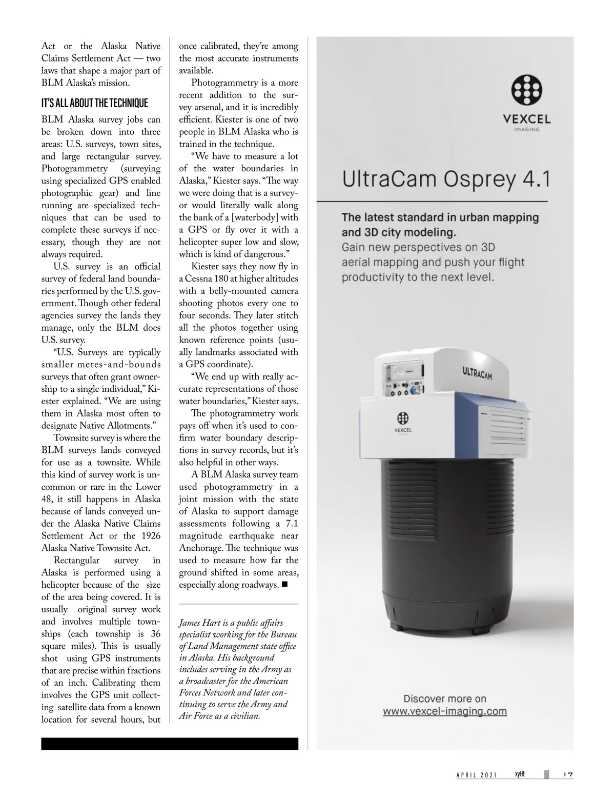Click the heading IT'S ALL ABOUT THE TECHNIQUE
coord(94,103)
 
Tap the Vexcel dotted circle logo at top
coord(527,91)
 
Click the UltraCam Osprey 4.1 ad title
coord(445,180)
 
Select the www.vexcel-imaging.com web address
coord(445,711)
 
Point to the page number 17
coord(567,774)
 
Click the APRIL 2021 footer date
coord(477,775)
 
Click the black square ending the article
coord(285,585)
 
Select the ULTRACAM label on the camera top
coord(477,373)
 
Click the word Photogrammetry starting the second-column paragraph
coord(219,83)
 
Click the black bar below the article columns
coord(170,744)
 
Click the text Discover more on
coord(445,698)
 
